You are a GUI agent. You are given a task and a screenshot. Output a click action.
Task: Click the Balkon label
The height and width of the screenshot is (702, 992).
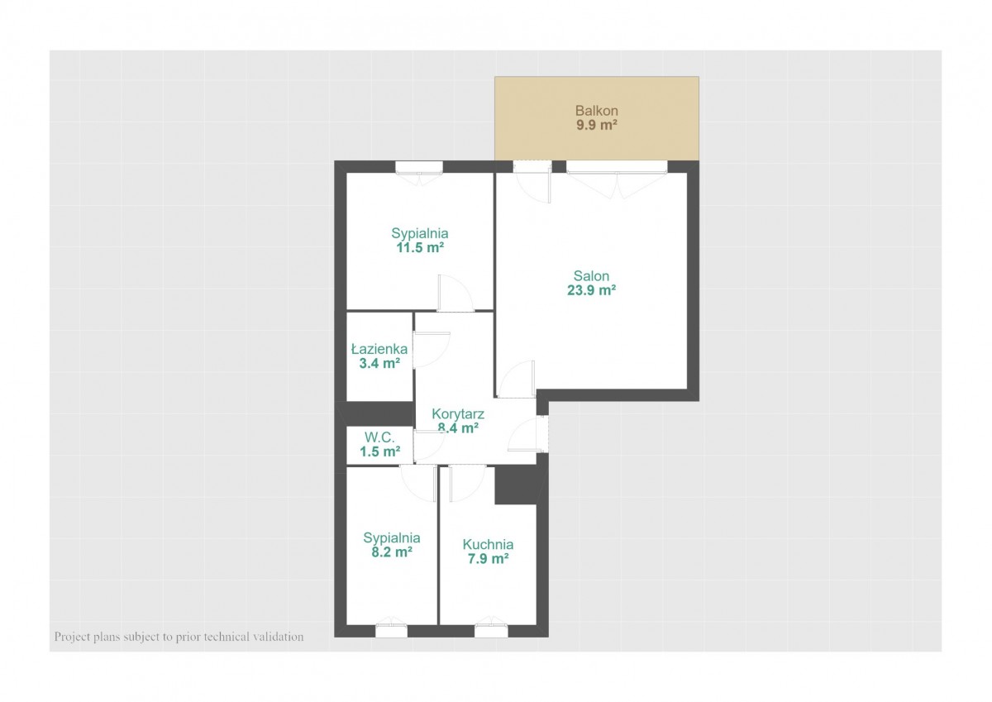597,110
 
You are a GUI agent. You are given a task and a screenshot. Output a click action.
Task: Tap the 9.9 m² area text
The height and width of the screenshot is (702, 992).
597,125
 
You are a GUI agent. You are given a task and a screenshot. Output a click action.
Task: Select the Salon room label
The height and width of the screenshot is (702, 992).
591,276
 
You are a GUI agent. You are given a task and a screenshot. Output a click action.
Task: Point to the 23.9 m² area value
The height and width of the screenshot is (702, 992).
591,290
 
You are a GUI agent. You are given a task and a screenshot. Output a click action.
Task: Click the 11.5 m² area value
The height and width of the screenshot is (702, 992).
420,247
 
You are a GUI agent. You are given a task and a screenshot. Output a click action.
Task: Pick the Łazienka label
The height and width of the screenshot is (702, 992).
379,349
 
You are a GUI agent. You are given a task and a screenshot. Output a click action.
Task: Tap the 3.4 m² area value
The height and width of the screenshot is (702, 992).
379,364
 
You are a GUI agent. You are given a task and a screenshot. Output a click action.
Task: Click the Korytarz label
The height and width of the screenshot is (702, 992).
458,414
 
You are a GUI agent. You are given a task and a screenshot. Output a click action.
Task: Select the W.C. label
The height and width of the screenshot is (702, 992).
379,437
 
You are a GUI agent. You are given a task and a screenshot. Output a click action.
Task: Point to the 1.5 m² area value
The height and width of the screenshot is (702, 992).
379,451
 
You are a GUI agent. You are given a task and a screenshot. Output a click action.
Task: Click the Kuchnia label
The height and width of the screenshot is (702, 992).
488,544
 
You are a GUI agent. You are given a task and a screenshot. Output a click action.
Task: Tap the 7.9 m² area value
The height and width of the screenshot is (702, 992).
488,558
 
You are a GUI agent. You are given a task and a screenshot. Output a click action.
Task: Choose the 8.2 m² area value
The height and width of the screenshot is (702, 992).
392,552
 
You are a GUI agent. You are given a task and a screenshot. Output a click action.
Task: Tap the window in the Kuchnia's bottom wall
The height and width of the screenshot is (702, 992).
491,629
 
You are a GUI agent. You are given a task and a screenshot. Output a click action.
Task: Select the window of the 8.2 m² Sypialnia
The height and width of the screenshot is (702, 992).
392,629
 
